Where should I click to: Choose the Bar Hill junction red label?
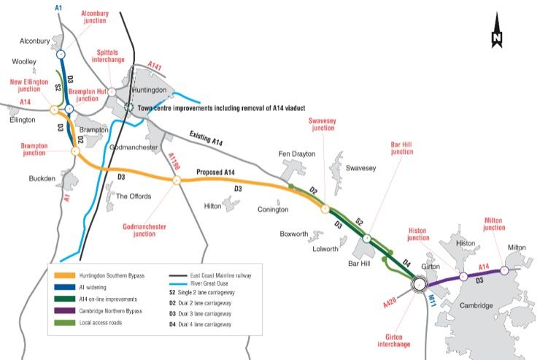pyautogui.click(x=401, y=148)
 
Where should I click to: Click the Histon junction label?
pyautogui.click(x=418, y=233)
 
